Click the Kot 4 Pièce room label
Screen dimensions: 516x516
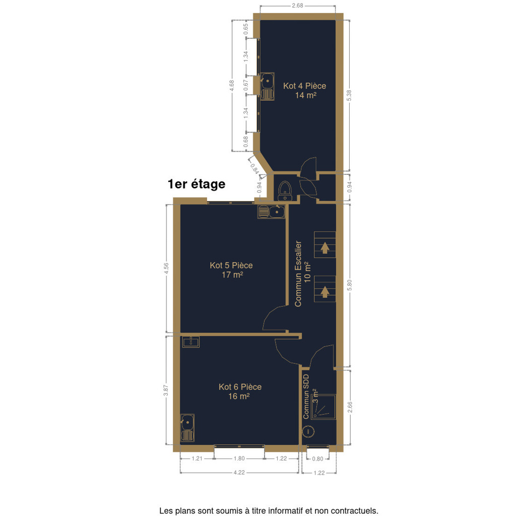click(305, 91)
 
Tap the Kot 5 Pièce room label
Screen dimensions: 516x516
click(231, 270)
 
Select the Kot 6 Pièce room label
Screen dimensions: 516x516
click(240, 391)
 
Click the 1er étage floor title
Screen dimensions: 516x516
click(197, 184)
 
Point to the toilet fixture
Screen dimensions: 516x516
click(285, 191)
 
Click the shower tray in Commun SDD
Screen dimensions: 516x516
click(324, 407)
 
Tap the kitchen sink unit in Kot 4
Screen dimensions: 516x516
click(268, 86)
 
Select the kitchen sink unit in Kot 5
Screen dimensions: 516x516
click(272, 212)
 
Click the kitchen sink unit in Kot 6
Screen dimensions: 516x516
click(187, 428)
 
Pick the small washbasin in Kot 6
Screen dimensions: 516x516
click(191, 342)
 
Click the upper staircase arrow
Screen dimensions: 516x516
click(325, 248)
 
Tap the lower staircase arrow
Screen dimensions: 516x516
click(325, 292)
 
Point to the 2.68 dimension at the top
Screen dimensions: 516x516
click(297, 6)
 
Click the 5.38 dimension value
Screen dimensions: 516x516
click(349, 95)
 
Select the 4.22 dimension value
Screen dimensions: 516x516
click(239, 473)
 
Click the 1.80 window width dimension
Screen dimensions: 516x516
click(239, 459)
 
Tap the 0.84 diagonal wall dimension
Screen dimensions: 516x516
click(254, 168)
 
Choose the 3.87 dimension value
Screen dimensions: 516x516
click(166, 391)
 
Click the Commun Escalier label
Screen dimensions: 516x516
click(298, 274)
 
